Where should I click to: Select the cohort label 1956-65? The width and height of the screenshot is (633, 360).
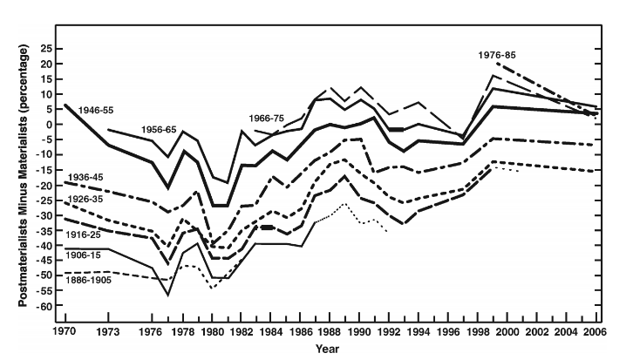[159, 129]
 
